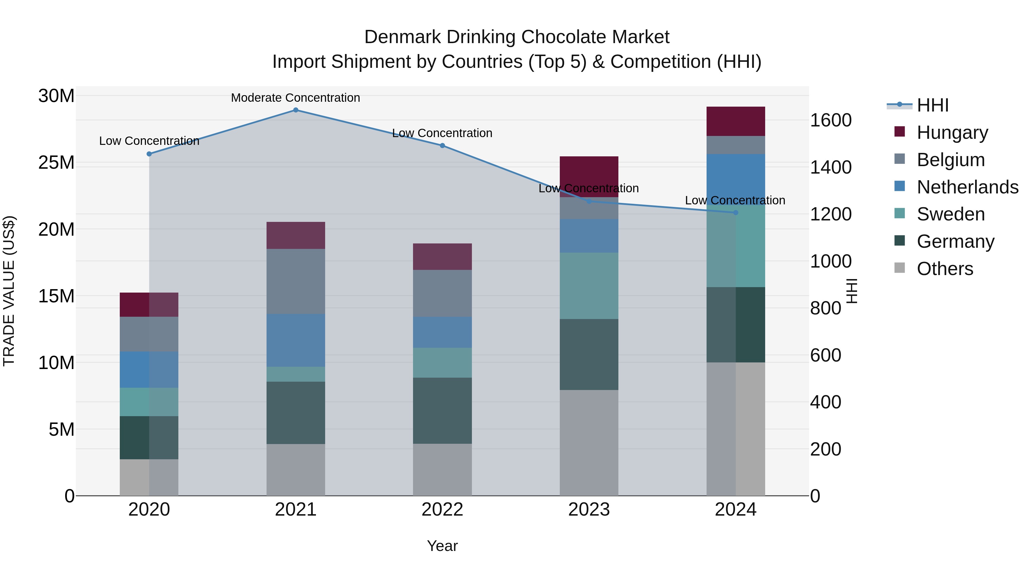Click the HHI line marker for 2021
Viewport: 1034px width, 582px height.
(296, 110)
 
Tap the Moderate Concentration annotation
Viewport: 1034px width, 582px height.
(296, 98)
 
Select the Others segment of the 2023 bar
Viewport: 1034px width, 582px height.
(589, 443)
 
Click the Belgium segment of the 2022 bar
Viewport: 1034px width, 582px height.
(442, 293)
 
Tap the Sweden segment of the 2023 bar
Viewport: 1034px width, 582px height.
(589, 286)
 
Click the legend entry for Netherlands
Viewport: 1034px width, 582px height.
(967, 187)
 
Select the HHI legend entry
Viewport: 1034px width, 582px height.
(932, 105)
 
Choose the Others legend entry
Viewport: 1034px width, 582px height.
(945, 269)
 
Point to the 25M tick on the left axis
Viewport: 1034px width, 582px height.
(57, 163)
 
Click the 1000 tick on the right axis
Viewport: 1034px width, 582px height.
(830, 262)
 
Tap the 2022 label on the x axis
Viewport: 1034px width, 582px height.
(442, 510)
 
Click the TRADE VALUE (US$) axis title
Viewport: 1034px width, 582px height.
(9, 291)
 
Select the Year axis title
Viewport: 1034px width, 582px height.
(442, 546)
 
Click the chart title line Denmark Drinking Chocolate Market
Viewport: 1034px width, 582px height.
(517, 37)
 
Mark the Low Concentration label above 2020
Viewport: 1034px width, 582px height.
(149, 141)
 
